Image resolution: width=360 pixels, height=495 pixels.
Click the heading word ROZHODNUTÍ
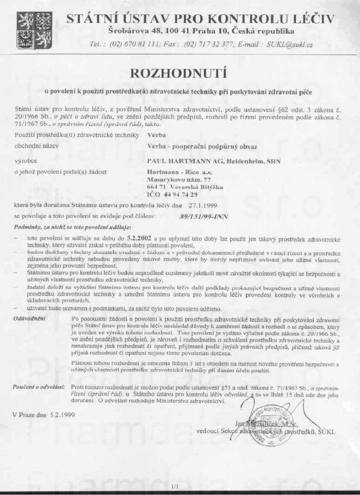(x=180, y=73)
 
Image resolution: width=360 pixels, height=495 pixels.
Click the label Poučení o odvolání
(x=40, y=387)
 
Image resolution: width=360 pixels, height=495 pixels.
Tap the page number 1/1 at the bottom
(x=175, y=486)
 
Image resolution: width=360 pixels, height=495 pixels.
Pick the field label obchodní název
(x=36, y=147)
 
